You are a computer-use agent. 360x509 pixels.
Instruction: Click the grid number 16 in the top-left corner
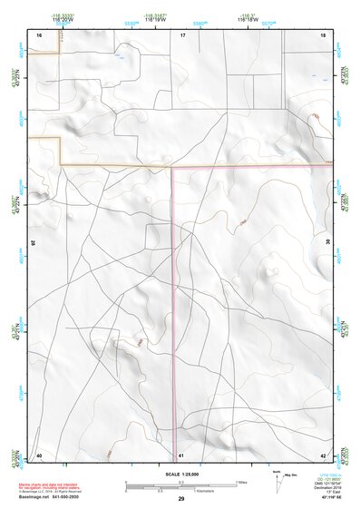[39, 34]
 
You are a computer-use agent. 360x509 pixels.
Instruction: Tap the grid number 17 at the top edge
[182, 34]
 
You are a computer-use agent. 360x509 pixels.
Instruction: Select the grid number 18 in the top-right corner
[324, 34]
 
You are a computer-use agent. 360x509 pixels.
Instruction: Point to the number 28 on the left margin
[34, 243]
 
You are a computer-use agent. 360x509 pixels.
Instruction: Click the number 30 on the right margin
[328, 243]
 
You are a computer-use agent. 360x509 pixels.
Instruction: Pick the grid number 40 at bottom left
[39, 454]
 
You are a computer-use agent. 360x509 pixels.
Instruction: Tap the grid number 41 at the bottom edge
[181, 454]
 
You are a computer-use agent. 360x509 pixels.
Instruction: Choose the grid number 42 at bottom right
[324, 454]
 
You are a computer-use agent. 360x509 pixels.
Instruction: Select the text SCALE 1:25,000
[180, 475]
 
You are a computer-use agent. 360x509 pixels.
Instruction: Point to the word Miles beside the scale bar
[242, 481]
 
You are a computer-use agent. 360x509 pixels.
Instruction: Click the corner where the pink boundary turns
[172, 167]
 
